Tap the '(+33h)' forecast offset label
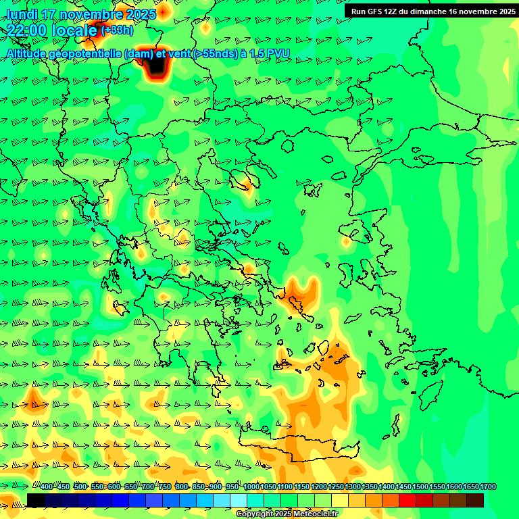coord(118,30)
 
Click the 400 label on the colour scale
coord(47,487)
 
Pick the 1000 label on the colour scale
coord(251,487)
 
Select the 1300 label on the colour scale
coord(353,487)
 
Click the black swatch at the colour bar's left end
coord(36,500)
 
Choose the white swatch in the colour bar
coord(239,500)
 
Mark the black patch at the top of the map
coord(154,68)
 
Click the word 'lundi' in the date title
coord(21,14)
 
